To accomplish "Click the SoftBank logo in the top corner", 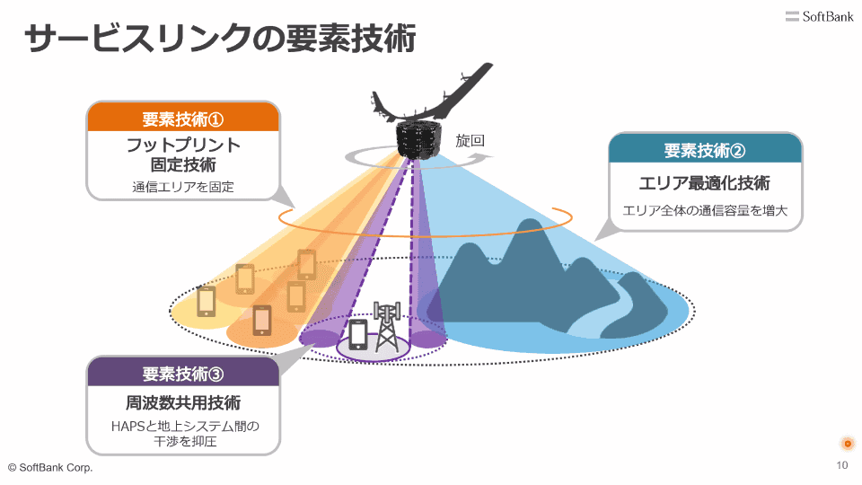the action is point(819,16).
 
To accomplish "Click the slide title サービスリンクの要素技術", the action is point(220,38).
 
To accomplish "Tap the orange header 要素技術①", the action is point(183,119).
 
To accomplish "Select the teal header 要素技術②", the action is point(705,150).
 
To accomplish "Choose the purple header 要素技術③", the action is point(183,374).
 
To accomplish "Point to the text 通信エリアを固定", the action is point(183,188).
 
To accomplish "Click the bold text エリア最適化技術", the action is point(704,183).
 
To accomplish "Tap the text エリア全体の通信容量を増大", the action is point(705,210).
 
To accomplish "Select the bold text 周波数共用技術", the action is point(183,403).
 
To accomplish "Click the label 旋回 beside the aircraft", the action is point(470,141).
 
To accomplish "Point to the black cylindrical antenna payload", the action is point(418,140).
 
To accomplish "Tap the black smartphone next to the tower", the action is point(358,334).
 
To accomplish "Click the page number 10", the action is point(841,465).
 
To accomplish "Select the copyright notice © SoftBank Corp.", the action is point(50,468).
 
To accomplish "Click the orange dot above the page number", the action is point(847,444).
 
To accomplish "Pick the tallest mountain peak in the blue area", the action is point(531,222).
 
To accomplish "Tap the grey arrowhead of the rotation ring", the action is point(484,156).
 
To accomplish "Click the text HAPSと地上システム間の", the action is point(185,426).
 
